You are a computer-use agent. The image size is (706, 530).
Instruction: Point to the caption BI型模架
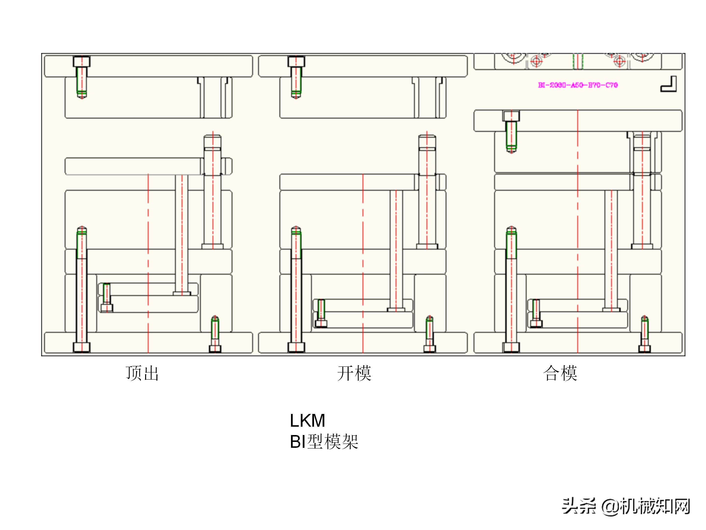pos(324,442)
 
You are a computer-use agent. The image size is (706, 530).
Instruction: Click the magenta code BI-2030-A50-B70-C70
pos(578,85)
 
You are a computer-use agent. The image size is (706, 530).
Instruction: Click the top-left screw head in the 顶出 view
pos(82,61)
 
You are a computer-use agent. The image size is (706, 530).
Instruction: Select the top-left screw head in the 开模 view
pos(296,61)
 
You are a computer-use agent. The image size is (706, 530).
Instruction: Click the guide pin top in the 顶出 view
pos(213,141)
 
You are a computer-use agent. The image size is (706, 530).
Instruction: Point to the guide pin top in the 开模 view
pos(427,141)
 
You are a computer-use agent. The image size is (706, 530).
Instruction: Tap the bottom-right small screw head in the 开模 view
pos(429,348)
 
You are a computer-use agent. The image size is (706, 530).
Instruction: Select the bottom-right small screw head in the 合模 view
pos(644,348)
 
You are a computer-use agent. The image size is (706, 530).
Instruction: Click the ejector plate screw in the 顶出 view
pos(107,307)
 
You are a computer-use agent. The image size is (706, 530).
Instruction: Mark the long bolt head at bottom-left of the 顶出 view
pos(82,347)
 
